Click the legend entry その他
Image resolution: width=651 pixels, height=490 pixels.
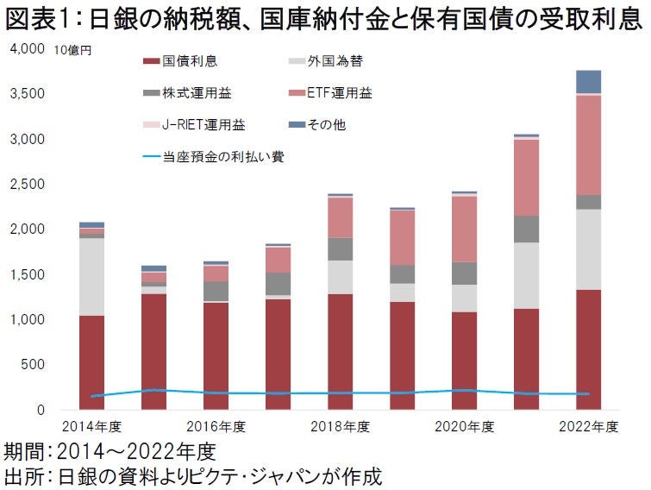coord(328,125)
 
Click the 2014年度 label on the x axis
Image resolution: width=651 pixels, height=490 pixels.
coord(91,426)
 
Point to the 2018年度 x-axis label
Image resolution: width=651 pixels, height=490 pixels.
coord(340,426)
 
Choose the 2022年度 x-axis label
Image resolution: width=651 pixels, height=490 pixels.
coord(589,426)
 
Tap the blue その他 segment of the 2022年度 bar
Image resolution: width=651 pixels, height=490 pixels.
coord(589,81)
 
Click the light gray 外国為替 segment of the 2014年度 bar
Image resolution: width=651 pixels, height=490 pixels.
coord(91,276)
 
